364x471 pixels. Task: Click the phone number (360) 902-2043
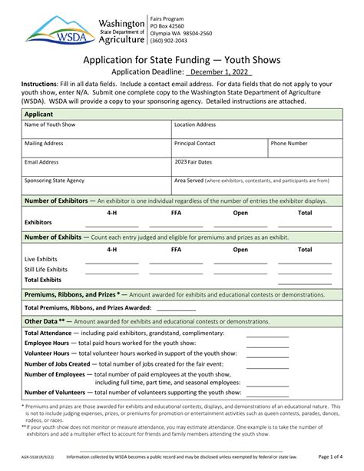pyautogui.click(x=170, y=41)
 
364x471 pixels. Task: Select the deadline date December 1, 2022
pyautogui.click(x=220, y=71)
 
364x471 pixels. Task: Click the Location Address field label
pyautogui.click(x=195, y=124)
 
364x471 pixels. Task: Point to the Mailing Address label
pyautogui.click(x=44, y=143)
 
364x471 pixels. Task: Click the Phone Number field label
pyautogui.click(x=289, y=143)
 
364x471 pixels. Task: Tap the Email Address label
pyautogui.click(x=41, y=162)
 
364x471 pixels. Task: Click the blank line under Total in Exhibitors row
pyautogui.click(x=305, y=225)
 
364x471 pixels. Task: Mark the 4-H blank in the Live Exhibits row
pyautogui.click(x=112, y=262)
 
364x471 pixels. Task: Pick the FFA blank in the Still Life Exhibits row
pyautogui.click(x=176, y=272)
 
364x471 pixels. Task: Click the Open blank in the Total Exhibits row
pyautogui.click(x=240, y=282)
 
